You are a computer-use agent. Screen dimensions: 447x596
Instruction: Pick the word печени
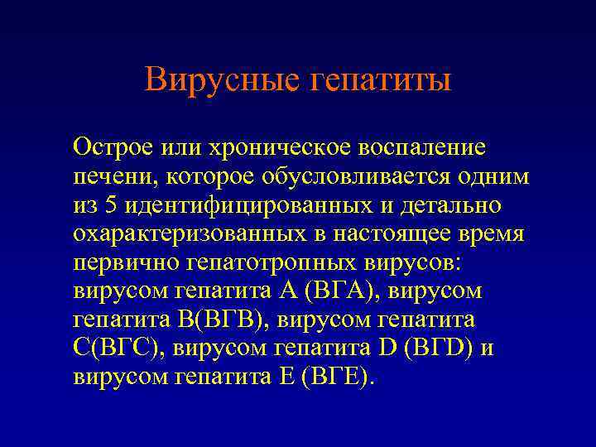pyautogui.click(x=113, y=177)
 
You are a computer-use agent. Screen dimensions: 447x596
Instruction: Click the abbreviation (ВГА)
pyautogui.click(x=341, y=291)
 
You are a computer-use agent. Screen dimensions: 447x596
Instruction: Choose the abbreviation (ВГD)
pyautogui.click(x=435, y=348)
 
